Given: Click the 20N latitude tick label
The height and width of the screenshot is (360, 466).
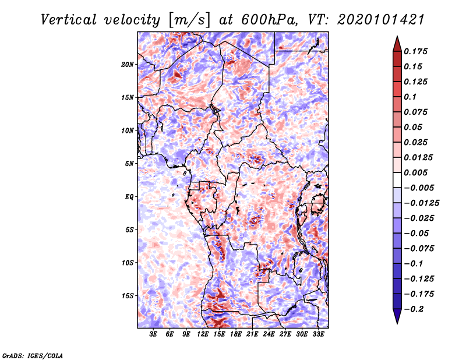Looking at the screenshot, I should [x=128, y=64].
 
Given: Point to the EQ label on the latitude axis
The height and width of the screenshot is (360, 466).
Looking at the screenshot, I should [x=129, y=196].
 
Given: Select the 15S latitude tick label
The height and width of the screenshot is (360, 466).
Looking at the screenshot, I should [x=128, y=295].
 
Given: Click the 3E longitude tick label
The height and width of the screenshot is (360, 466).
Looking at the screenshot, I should [x=153, y=334].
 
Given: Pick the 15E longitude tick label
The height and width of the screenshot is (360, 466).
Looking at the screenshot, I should [x=219, y=334].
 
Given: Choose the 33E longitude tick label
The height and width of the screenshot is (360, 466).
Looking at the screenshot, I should [x=318, y=334].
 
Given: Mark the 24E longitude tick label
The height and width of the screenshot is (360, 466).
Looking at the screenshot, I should [x=269, y=334].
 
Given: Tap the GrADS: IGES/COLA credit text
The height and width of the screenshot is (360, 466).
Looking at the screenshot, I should [x=32, y=354].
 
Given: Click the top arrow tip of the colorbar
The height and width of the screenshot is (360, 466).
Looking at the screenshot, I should [x=397, y=37].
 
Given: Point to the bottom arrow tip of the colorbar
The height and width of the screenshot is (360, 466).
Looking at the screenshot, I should [x=397, y=323].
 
